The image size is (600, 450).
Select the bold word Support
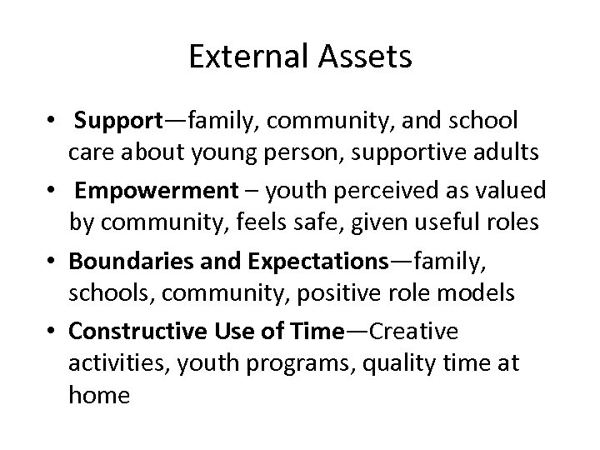tap(118, 122)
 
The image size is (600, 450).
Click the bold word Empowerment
tap(157, 191)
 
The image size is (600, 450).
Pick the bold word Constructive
tap(135, 331)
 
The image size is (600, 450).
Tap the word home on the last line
tap(100, 395)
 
